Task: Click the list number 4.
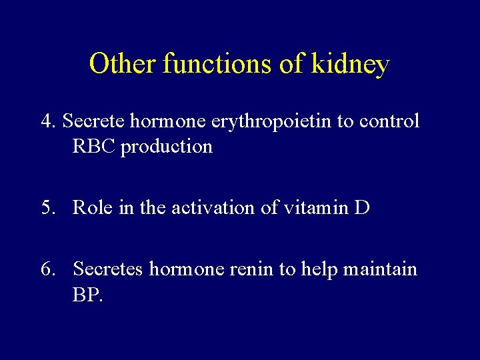(49, 121)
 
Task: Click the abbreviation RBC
(93, 146)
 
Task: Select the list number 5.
(49, 208)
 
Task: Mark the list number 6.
(49, 269)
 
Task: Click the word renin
(251, 269)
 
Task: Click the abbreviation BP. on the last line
(88, 295)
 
